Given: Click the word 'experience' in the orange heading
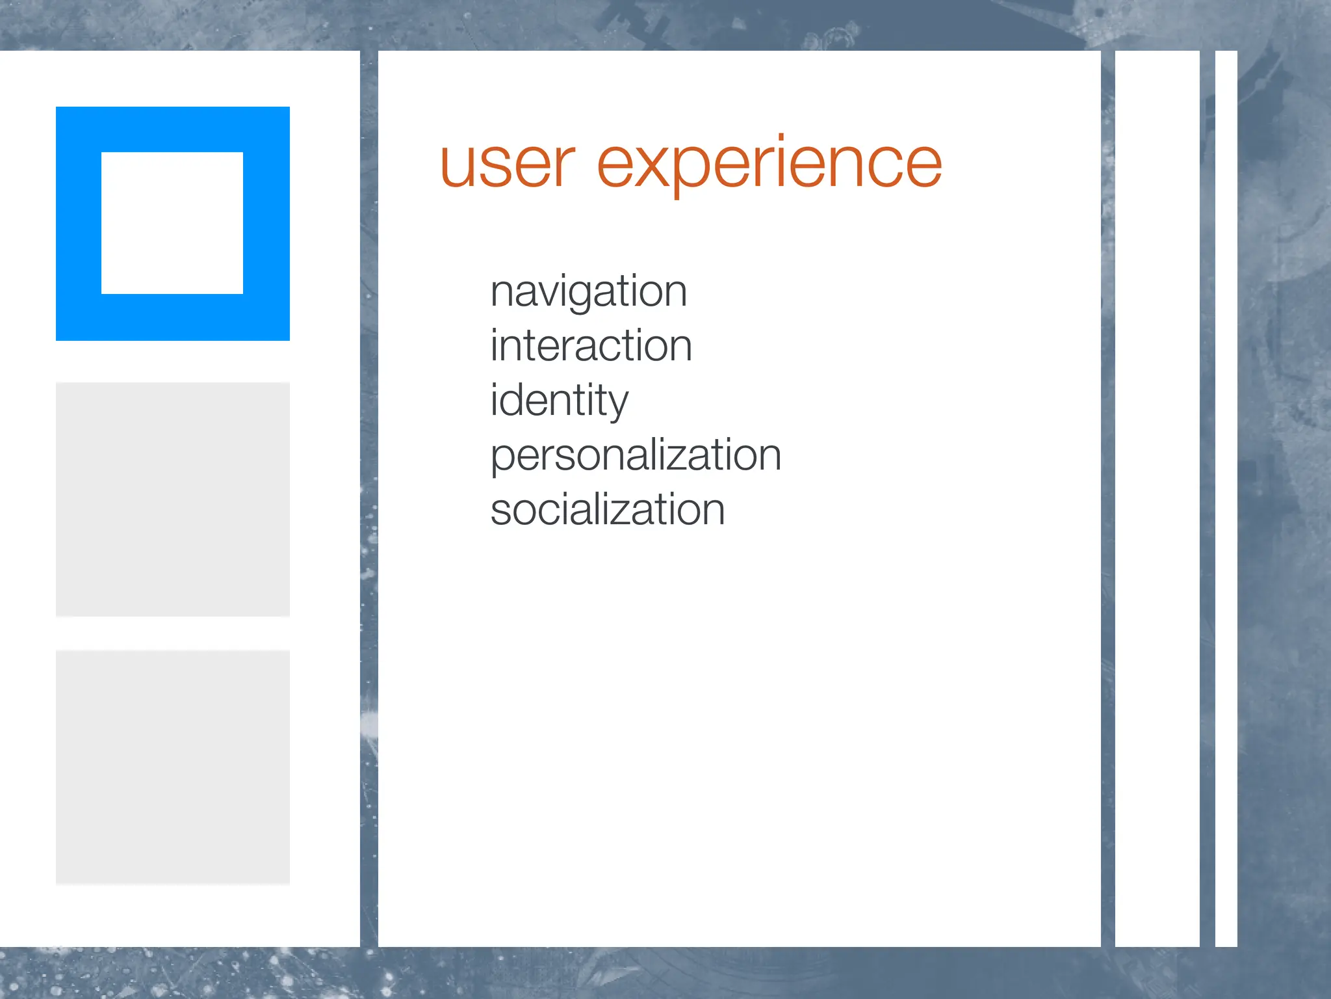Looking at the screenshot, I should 769,165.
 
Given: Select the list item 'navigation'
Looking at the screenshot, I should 588,291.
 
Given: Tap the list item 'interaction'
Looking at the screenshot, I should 591,345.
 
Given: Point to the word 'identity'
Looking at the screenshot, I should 559,400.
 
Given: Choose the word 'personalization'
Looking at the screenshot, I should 635,455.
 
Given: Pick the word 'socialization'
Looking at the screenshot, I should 607,509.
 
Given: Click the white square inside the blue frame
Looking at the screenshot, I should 172,223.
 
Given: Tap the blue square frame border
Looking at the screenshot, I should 78,223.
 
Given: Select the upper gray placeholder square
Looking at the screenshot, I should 172,499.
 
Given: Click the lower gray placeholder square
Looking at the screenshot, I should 172,767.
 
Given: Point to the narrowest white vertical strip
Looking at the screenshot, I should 1226,498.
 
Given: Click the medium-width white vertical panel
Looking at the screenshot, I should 1157,498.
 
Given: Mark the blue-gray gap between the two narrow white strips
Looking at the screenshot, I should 1208,498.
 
